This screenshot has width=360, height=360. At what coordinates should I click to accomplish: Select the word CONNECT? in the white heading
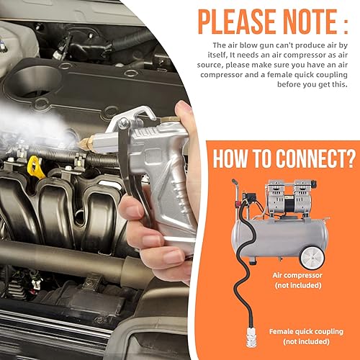pos(316,158)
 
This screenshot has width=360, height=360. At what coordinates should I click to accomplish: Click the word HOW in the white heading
pos(230,158)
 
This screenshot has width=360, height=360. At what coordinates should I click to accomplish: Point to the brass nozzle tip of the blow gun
pos(87,143)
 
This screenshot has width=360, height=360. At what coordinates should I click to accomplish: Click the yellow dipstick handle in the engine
pos(35,167)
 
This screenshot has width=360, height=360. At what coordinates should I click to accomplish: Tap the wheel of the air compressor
pos(312,258)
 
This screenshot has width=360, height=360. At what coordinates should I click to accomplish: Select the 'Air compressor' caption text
pos(297,275)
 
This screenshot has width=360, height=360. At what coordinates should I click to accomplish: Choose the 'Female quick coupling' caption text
pos(306,332)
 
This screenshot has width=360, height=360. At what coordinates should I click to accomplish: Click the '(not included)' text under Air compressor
pos(298,285)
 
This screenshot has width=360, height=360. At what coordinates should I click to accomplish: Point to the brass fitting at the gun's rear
pos(170,119)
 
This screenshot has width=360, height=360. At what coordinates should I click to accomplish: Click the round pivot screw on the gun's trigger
pos(125,123)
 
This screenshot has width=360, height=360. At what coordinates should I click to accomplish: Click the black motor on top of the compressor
pos(290,204)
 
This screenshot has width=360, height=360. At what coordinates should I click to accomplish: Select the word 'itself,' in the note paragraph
pos(217,55)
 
